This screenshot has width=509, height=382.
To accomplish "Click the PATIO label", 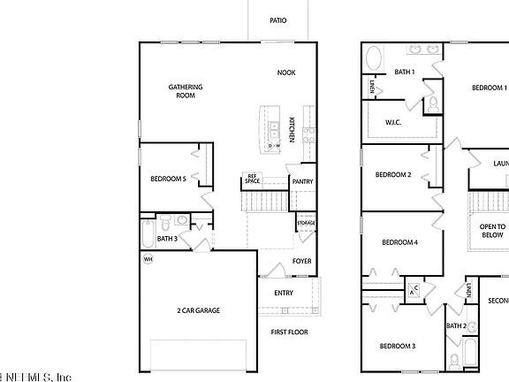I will tap(278, 20).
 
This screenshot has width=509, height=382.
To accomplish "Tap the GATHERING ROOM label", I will tap(186, 91).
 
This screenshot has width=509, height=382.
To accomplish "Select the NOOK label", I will tap(285, 73).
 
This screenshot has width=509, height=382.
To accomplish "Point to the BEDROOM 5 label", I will tap(168, 179).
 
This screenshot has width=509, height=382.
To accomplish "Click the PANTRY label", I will tap(303, 182).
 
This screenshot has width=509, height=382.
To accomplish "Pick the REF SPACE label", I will tap(252, 180).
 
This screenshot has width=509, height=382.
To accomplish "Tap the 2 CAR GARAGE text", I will tap(199, 310).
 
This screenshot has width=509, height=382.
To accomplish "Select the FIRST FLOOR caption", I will tap(289, 332).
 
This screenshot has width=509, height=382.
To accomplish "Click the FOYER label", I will tap(302, 262).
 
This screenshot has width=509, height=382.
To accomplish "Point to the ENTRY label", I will tap(284, 293).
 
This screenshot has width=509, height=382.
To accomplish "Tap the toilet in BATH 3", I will tap(180, 222).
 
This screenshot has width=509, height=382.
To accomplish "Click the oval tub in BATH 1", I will tap(376, 60).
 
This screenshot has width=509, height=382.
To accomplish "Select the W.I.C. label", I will tap(393, 122).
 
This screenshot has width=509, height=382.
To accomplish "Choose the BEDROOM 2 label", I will tap(393, 175).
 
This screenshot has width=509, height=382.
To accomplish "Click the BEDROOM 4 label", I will tap(399, 242).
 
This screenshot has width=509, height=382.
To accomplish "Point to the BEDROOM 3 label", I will tap(398, 345).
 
